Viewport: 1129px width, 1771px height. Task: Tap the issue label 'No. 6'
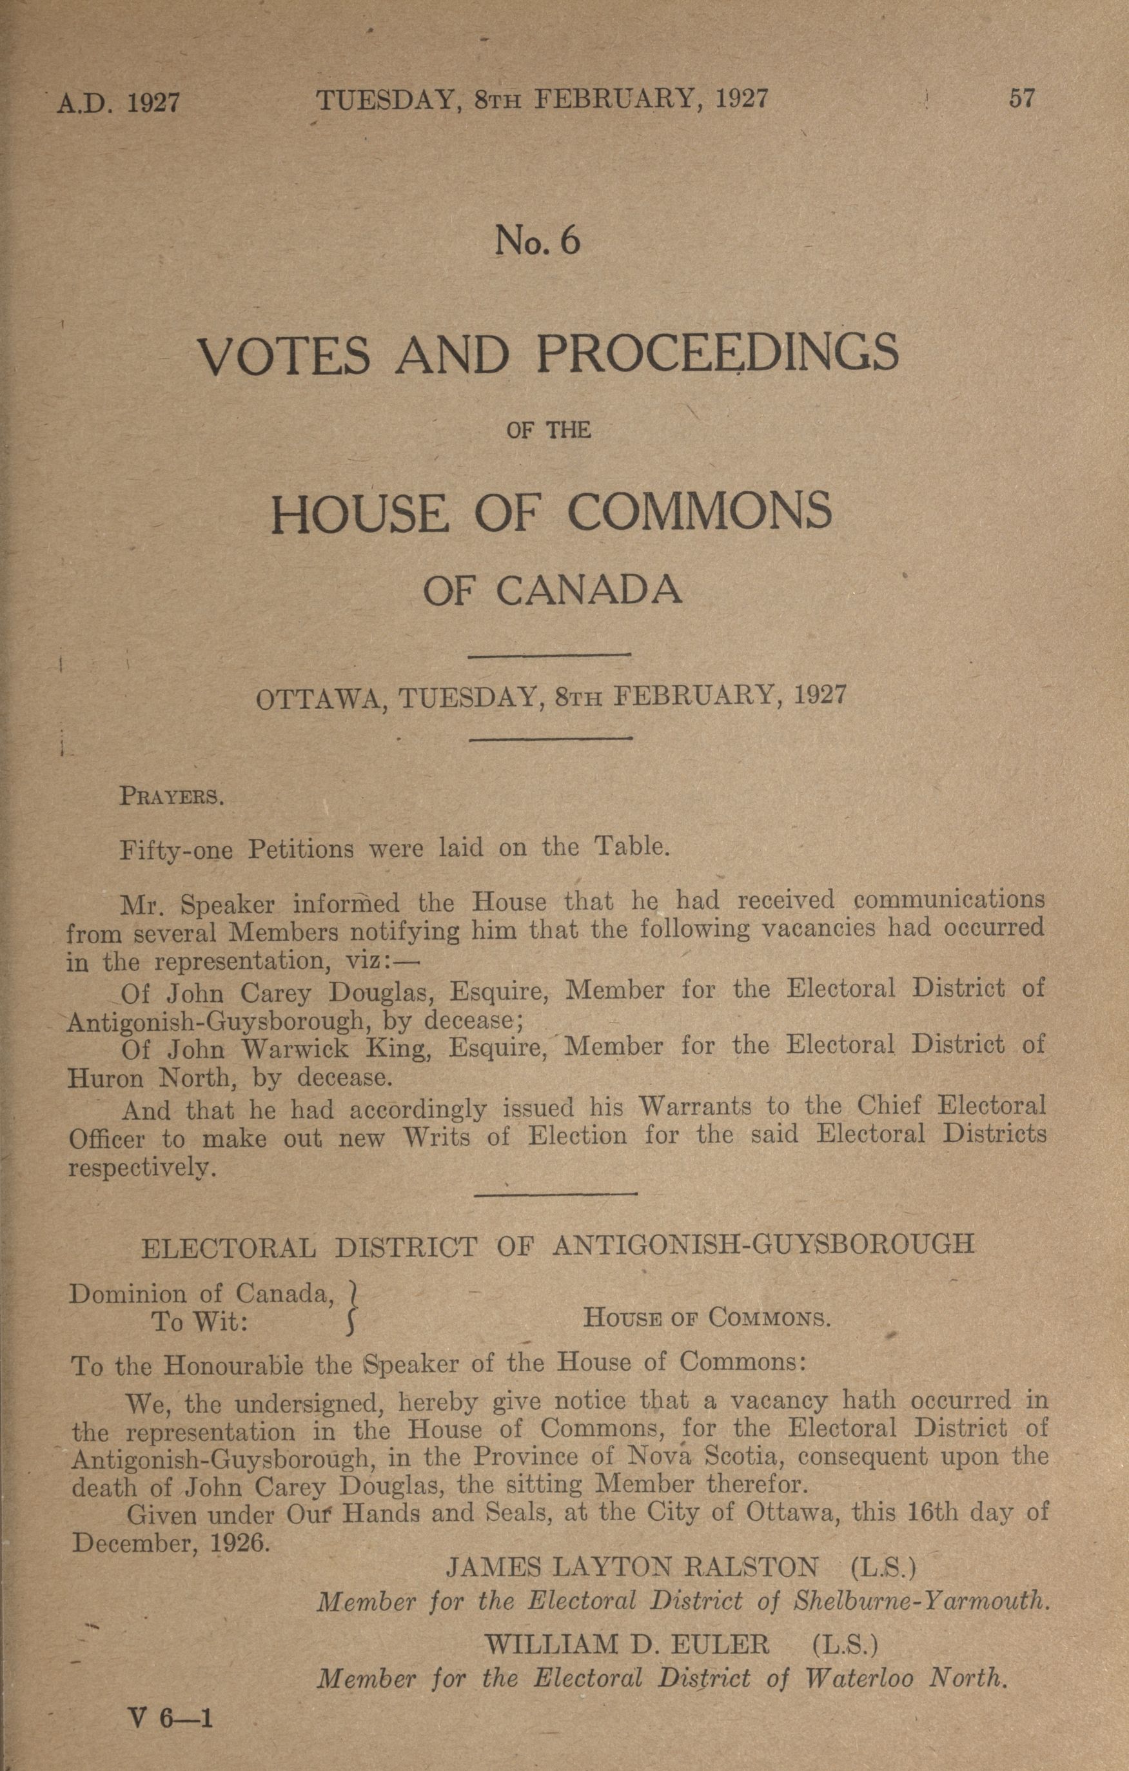coord(538,241)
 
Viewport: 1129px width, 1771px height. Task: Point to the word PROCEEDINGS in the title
coord(717,354)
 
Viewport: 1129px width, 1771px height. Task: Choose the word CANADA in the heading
coord(589,590)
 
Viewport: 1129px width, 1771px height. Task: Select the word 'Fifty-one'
coord(177,850)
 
